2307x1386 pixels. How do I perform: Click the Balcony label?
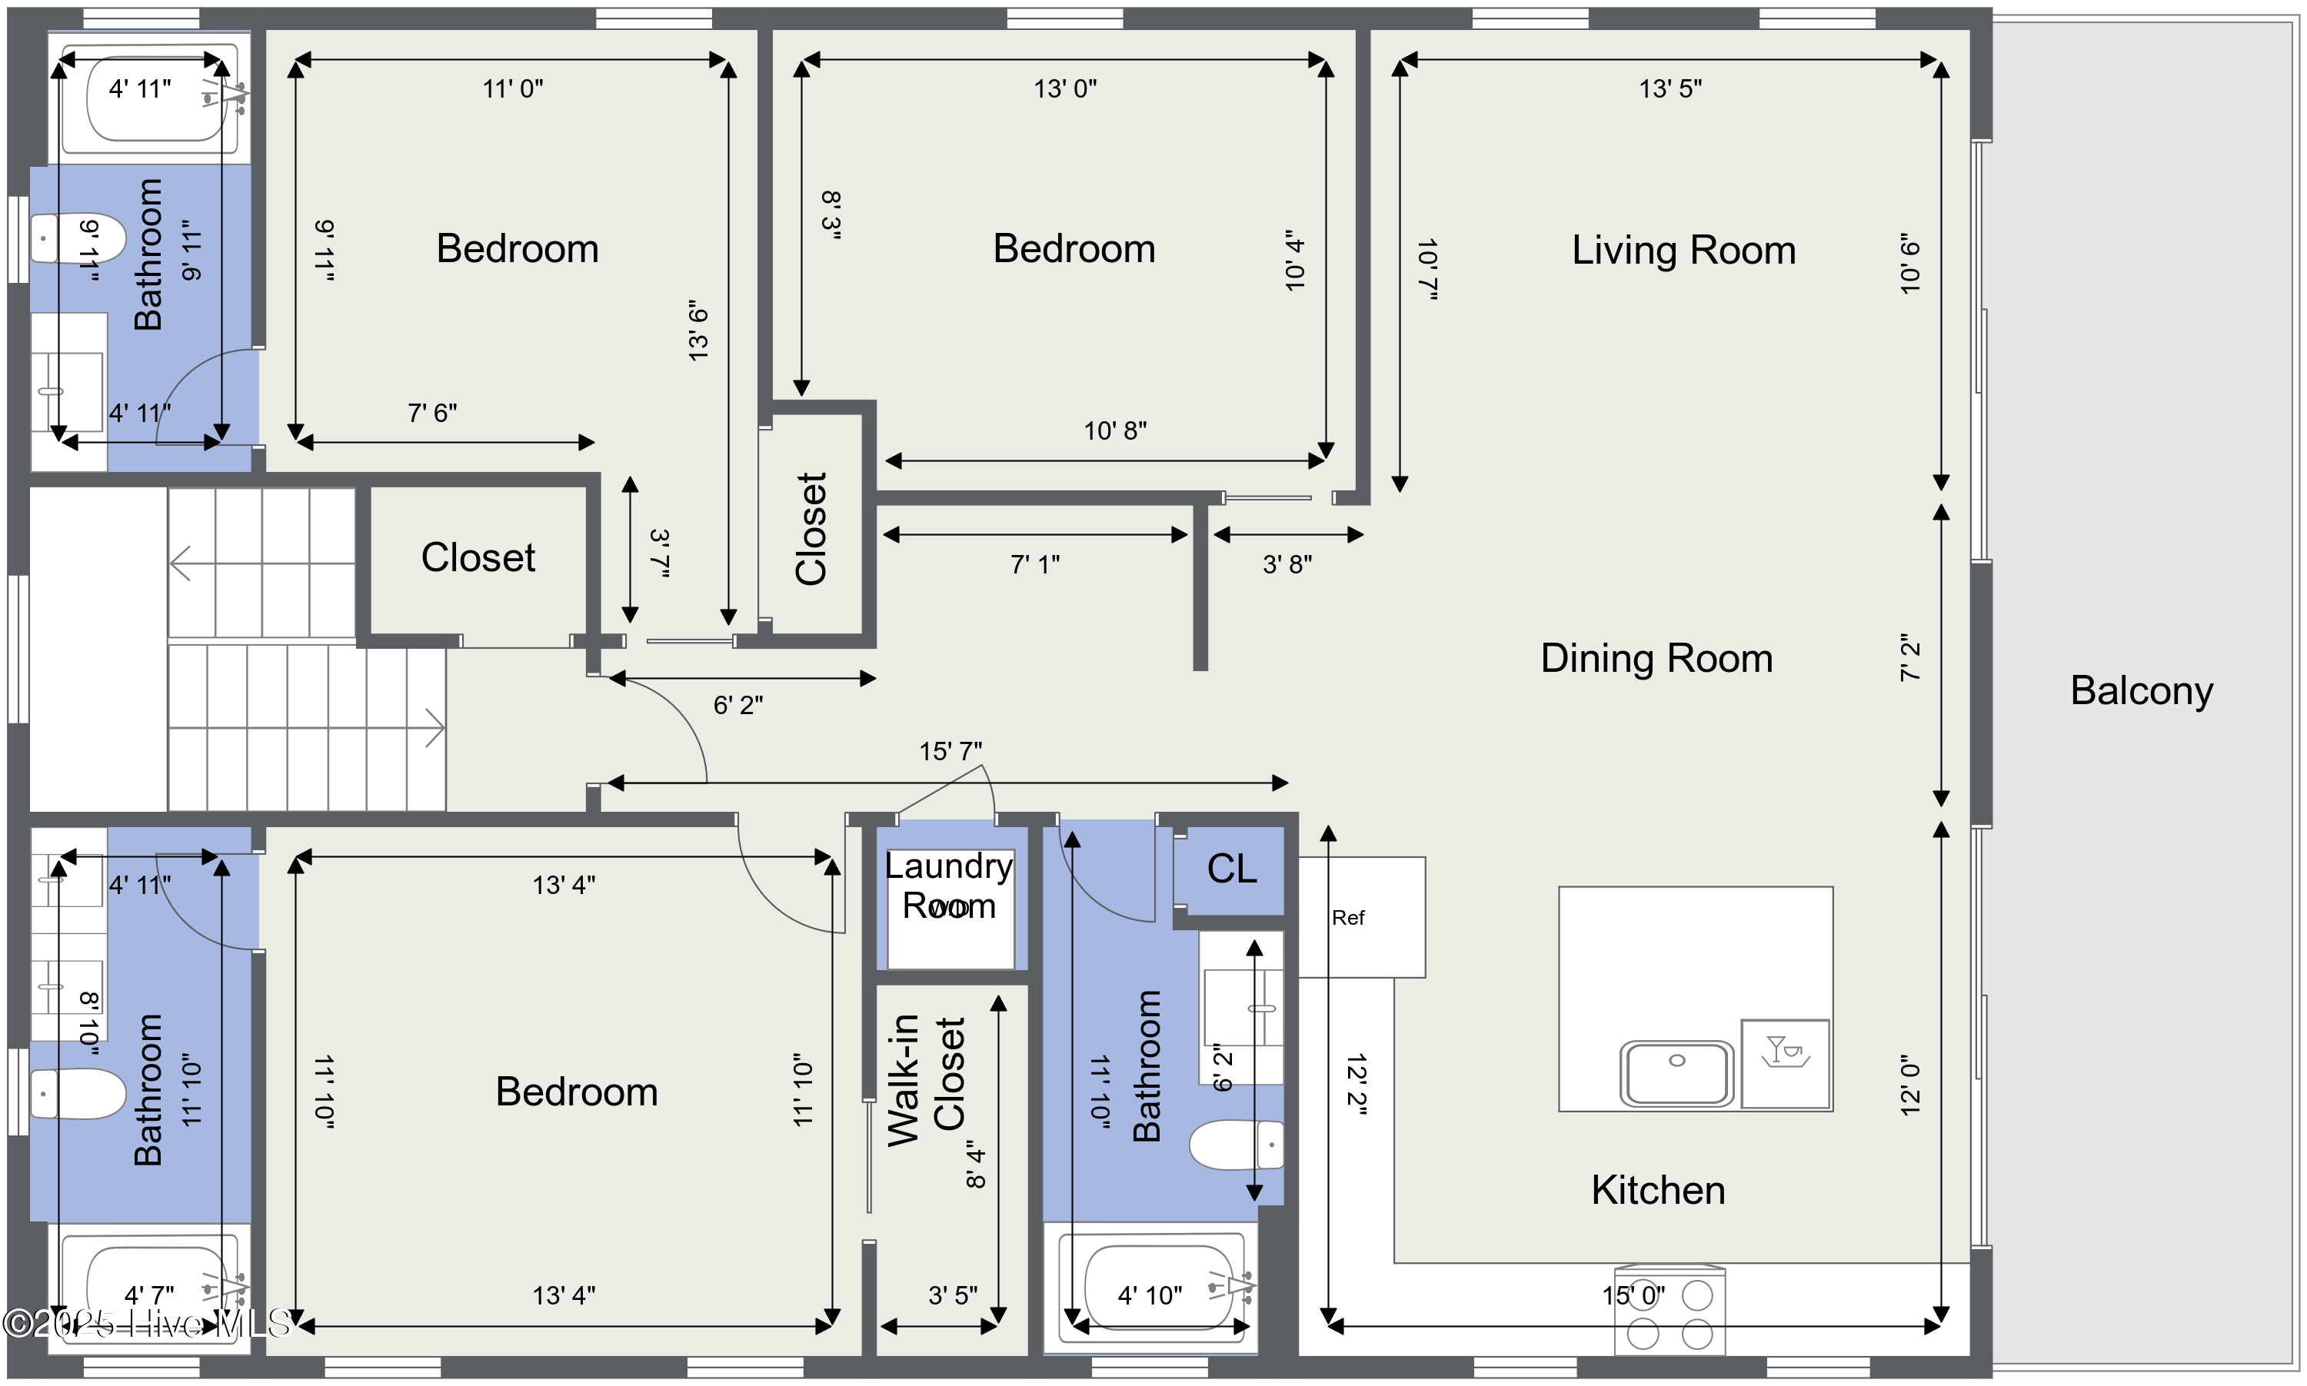click(2141, 691)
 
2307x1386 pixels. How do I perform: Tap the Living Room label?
click(1683, 251)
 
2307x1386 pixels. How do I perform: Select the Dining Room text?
click(1656, 659)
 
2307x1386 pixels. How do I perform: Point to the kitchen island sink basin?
click(1676, 1073)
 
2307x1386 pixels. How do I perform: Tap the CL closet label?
click(1231, 869)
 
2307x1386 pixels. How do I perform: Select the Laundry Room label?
click(949, 886)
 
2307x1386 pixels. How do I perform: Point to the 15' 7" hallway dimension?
click(950, 752)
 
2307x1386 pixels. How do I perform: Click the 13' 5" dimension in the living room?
click(1670, 88)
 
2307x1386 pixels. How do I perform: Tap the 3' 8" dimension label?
click(1287, 564)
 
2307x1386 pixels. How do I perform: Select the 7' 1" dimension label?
click(1035, 564)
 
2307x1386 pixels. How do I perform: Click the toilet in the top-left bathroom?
click(78, 238)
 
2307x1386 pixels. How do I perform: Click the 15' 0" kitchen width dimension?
click(1633, 1296)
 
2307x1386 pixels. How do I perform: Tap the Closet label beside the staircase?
click(478, 557)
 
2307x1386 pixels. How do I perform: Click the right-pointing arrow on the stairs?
click(434, 729)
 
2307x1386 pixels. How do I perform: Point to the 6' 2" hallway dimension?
click(738, 705)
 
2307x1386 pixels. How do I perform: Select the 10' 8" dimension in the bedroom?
click(1115, 430)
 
